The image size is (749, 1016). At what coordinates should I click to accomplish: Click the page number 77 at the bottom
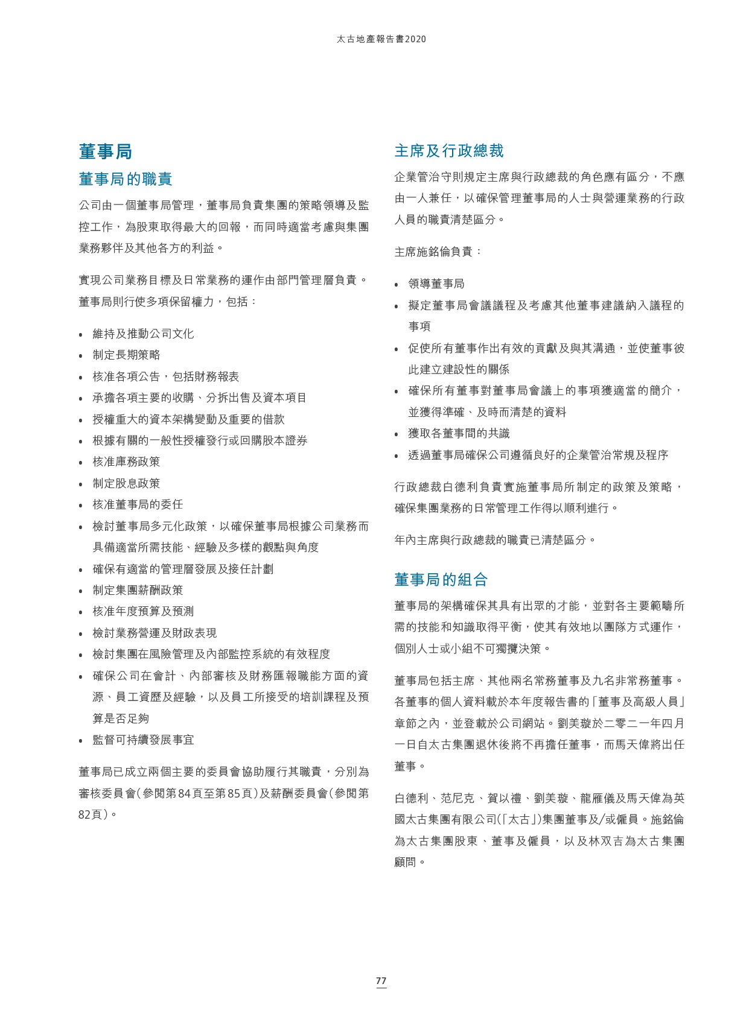(x=381, y=980)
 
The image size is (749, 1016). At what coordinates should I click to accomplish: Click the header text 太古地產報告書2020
(x=381, y=39)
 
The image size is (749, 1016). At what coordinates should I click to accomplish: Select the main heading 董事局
(x=106, y=151)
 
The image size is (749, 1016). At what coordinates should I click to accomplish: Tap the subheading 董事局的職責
(x=126, y=179)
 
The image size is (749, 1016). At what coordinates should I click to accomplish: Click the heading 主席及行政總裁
(x=449, y=151)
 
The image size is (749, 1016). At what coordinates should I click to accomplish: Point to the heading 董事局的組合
(x=441, y=580)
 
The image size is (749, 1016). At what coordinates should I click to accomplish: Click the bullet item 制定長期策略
(x=126, y=355)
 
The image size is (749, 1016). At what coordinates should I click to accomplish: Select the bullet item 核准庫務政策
(x=126, y=462)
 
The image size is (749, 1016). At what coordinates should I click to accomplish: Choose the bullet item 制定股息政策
(x=126, y=483)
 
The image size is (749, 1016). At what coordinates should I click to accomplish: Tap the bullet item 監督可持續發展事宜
(x=143, y=740)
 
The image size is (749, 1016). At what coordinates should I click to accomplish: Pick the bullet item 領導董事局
(x=436, y=284)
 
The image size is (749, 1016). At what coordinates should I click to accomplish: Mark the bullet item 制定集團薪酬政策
(x=138, y=590)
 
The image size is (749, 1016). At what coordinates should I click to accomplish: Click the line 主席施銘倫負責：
(x=438, y=252)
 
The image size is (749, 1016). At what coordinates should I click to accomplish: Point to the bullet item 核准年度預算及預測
(x=143, y=611)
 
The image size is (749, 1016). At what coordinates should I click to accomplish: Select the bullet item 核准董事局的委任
(x=138, y=504)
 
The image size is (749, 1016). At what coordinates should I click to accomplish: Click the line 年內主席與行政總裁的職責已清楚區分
(x=495, y=540)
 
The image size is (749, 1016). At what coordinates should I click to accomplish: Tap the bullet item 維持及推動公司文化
(x=143, y=334)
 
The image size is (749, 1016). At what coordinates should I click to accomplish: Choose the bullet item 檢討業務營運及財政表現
(x=155, y=633)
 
